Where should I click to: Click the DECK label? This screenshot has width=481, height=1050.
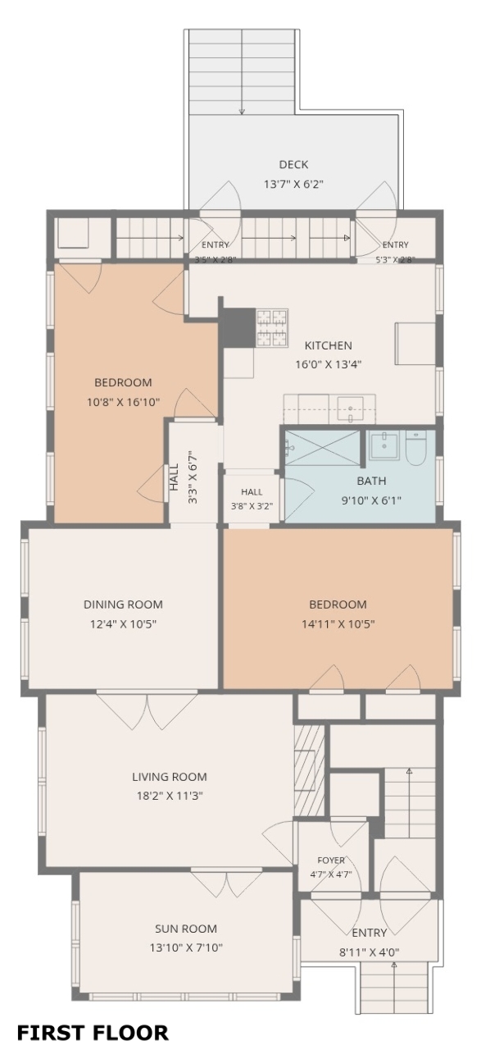coord(293,165)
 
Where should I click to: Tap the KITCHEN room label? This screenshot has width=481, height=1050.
coord(328,345)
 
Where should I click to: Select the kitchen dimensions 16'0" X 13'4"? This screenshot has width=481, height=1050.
coord(328,364)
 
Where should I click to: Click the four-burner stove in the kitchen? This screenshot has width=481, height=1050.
coord(272,327)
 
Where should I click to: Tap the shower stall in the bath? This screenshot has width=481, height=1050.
coord(323,448)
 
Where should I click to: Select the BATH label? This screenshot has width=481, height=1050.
coord(371,481)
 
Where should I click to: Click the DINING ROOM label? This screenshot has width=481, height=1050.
coord(123,605)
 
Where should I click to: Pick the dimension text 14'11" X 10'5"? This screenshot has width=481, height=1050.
coord(338,624)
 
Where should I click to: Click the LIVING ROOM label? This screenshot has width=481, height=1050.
coord(169,777)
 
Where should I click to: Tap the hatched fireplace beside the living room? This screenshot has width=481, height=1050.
coord(309,770)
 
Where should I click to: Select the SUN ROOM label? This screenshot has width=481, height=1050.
coord(186,929)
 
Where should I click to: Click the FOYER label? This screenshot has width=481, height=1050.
coord(331,861)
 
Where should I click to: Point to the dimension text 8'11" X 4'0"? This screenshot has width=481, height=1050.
coord(369,952)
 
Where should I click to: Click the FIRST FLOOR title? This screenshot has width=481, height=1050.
coord(93,1033)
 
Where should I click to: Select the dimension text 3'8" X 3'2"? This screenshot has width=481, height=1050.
coord(252,506)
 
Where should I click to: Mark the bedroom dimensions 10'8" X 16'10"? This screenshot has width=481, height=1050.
coord(123,402)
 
